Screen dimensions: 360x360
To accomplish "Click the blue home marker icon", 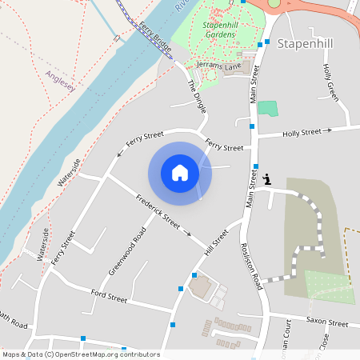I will (x=180, y=173).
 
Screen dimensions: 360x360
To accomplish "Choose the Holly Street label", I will (x=302, y=131).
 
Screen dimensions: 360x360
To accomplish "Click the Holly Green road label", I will (x=331, y=82).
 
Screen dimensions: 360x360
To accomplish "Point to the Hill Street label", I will (x=215, y=243).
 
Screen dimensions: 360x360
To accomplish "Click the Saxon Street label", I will (x=327, y=322).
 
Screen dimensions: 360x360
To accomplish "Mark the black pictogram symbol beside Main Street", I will (x=267, y=180).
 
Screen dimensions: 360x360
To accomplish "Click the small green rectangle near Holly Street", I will (x=267, y=108).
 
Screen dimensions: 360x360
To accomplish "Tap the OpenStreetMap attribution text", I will (x=81, y=354).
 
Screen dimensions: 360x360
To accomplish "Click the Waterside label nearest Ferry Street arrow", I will (x=69, y=172).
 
